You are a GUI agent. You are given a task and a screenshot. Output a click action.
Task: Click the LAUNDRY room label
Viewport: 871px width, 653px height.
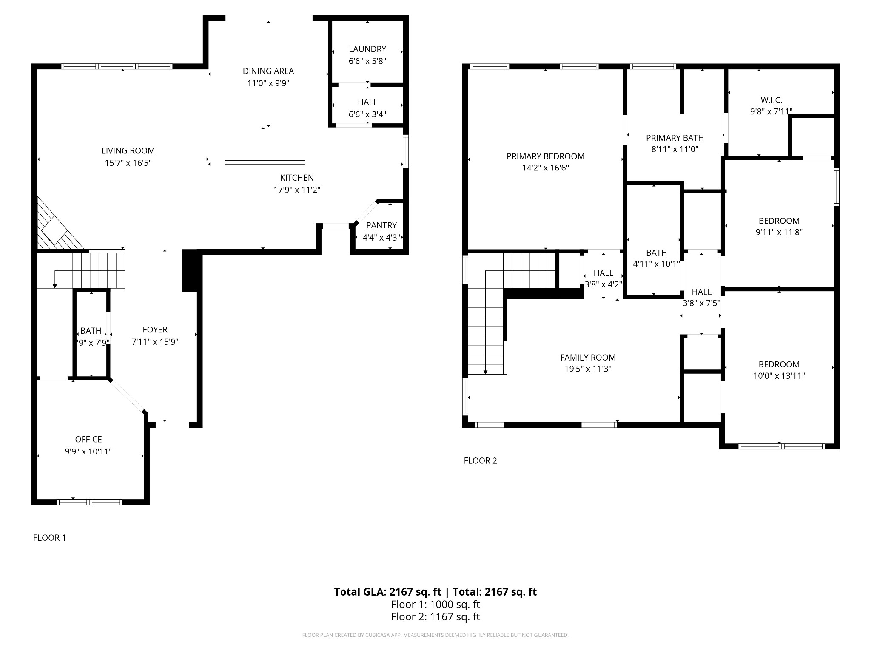367,49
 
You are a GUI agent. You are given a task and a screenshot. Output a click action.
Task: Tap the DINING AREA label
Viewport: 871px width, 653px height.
268,71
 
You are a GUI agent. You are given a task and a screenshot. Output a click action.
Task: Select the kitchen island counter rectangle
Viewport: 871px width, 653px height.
265,162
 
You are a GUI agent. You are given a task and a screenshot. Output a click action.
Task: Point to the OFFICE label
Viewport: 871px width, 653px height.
88,439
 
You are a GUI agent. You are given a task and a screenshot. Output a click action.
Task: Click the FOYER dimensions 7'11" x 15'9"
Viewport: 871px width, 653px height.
155,342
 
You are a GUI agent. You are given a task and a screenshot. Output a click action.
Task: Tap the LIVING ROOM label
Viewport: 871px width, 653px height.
128,150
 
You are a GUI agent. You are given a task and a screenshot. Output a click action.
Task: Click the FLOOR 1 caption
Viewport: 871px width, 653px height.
49,538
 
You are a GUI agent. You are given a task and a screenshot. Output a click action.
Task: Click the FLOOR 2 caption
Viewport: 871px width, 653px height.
480,460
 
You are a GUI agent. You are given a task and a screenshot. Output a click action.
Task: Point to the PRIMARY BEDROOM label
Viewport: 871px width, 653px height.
545,156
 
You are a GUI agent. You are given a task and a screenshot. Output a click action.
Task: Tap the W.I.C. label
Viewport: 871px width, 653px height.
771,100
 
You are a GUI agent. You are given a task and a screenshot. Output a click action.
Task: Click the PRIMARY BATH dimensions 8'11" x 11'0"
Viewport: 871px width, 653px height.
675,149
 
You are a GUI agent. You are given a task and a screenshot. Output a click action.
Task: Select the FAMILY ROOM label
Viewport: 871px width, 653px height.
588,358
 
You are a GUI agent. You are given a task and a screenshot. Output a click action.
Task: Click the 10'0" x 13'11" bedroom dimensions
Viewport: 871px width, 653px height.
779,376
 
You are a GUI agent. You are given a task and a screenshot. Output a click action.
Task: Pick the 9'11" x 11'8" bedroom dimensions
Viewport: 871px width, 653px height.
779,232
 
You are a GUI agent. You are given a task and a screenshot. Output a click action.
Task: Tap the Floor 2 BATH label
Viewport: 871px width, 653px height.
656,252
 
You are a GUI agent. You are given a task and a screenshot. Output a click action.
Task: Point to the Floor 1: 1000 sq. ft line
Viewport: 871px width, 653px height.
435,604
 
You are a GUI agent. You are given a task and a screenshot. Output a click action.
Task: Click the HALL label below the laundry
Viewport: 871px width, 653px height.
367,102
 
